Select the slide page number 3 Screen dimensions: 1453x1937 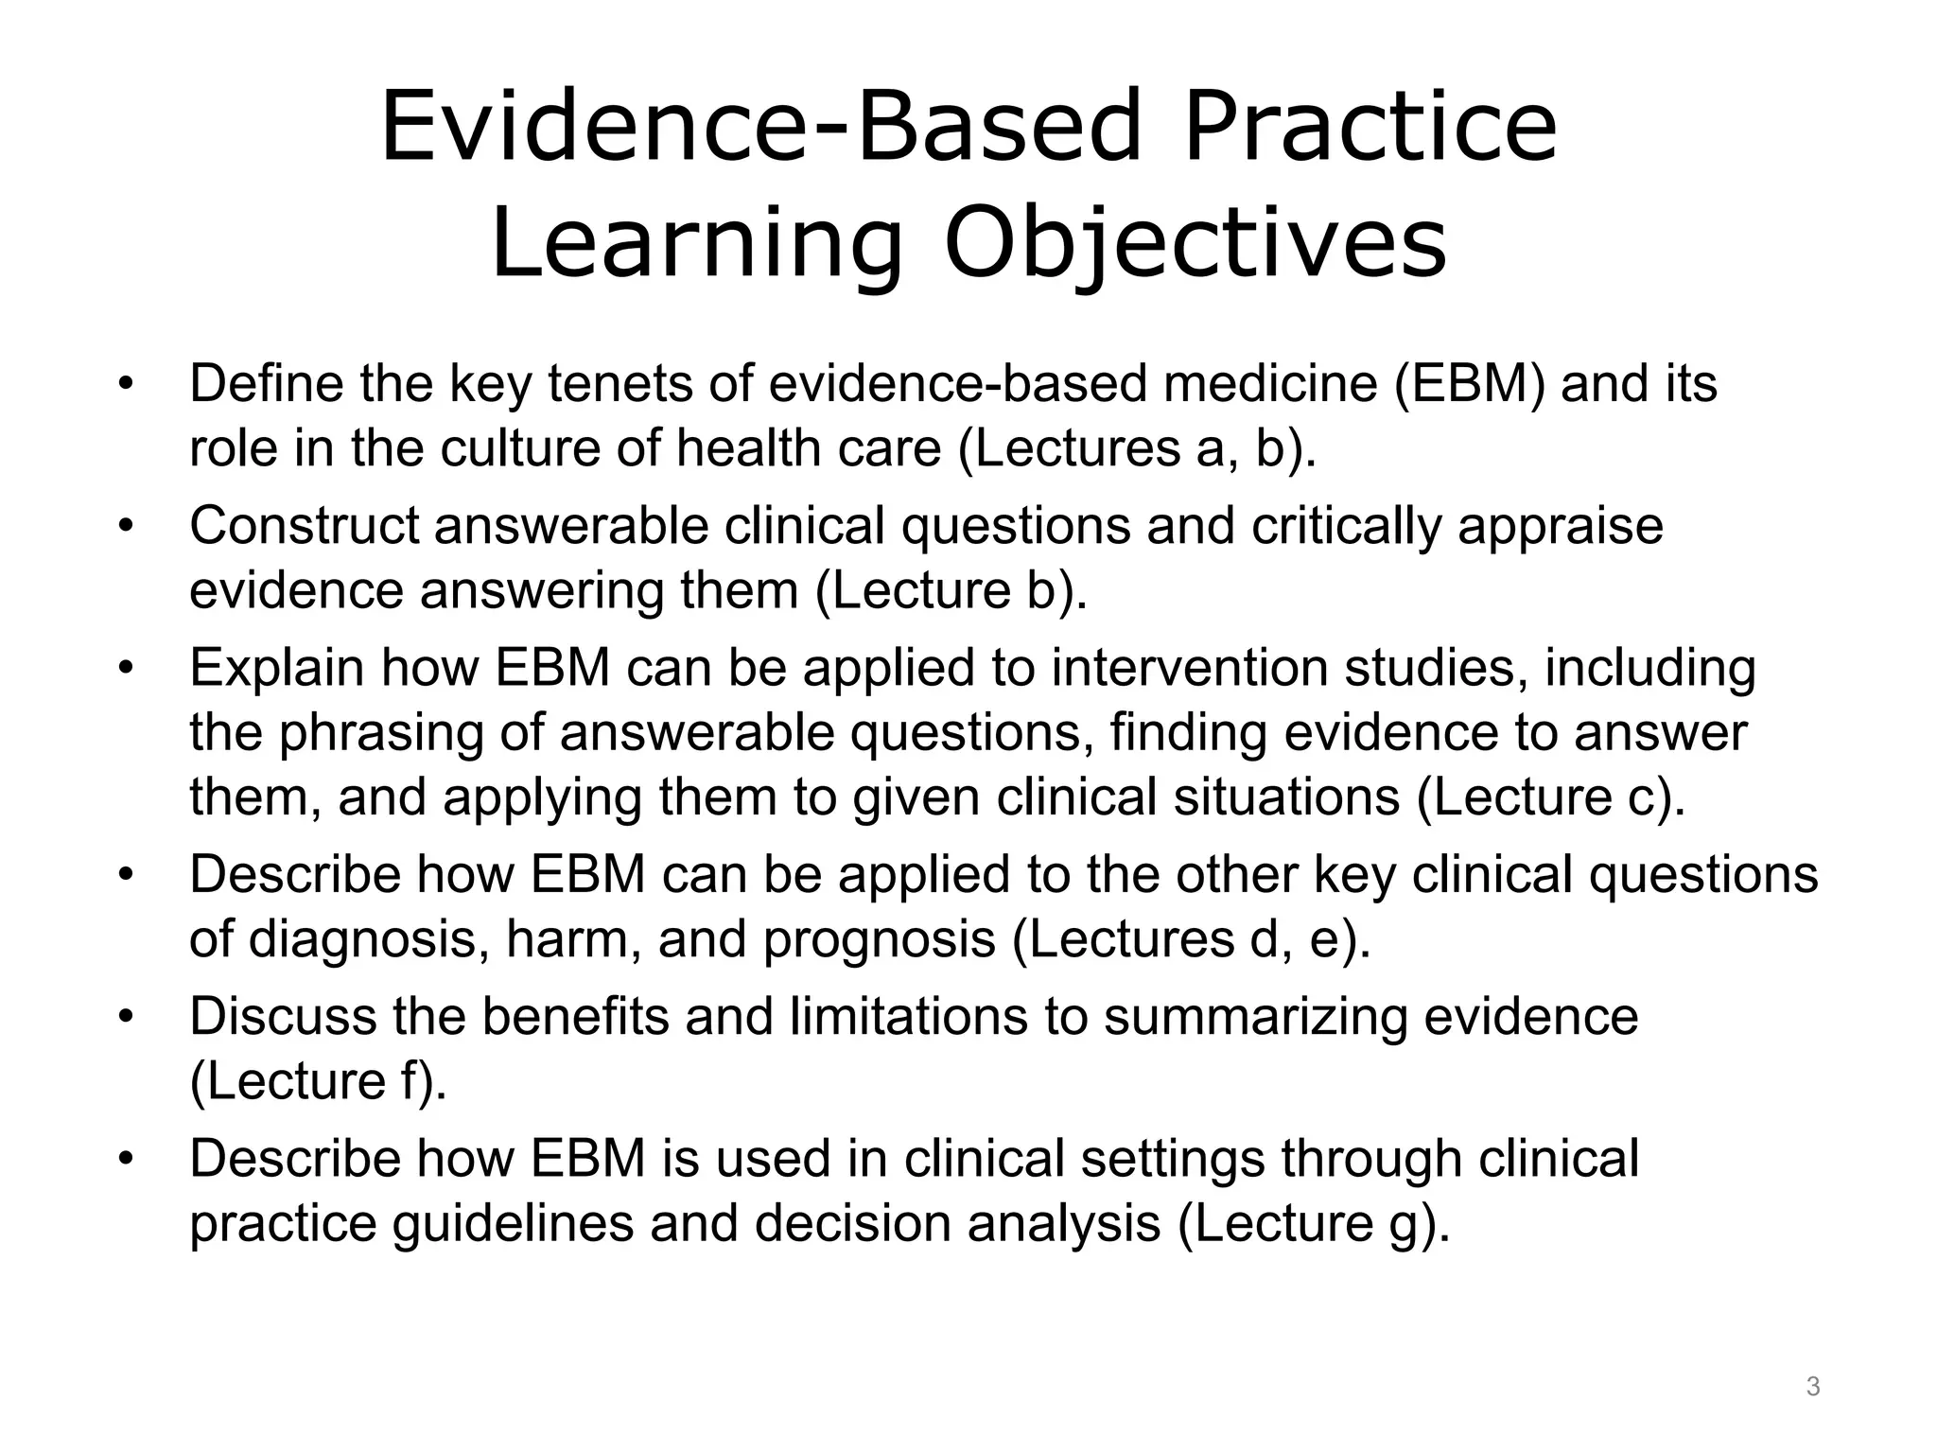click(x=1812, y=1387)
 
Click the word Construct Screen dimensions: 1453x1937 click(x=304, y=526)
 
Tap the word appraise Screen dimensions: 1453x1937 click(x=1560, y=528)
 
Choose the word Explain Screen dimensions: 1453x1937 click(x=277, y=668)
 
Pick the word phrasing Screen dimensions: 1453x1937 click(x=380, y=734)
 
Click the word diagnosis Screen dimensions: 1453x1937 click(x=369, y=940)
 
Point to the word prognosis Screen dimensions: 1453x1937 click(x=880, y=940)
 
